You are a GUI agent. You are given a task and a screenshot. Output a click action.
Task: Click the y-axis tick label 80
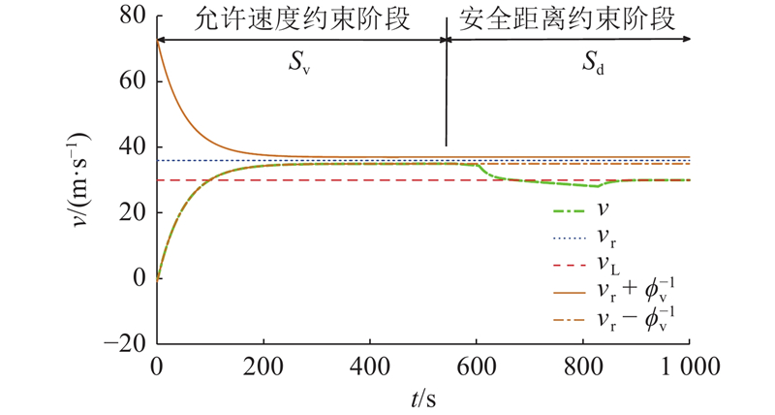coord(134,16)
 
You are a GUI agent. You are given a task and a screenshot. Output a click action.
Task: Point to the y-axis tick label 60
coord(134,81)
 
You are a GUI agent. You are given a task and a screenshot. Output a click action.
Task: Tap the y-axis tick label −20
coord(126,343)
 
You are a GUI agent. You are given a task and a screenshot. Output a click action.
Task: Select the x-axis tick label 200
coord(263,367)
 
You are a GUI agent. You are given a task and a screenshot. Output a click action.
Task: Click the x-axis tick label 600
coord(476,367)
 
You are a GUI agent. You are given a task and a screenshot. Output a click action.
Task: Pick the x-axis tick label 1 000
coord(684,367)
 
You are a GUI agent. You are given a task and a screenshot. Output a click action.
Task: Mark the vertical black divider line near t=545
coord(447,97)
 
